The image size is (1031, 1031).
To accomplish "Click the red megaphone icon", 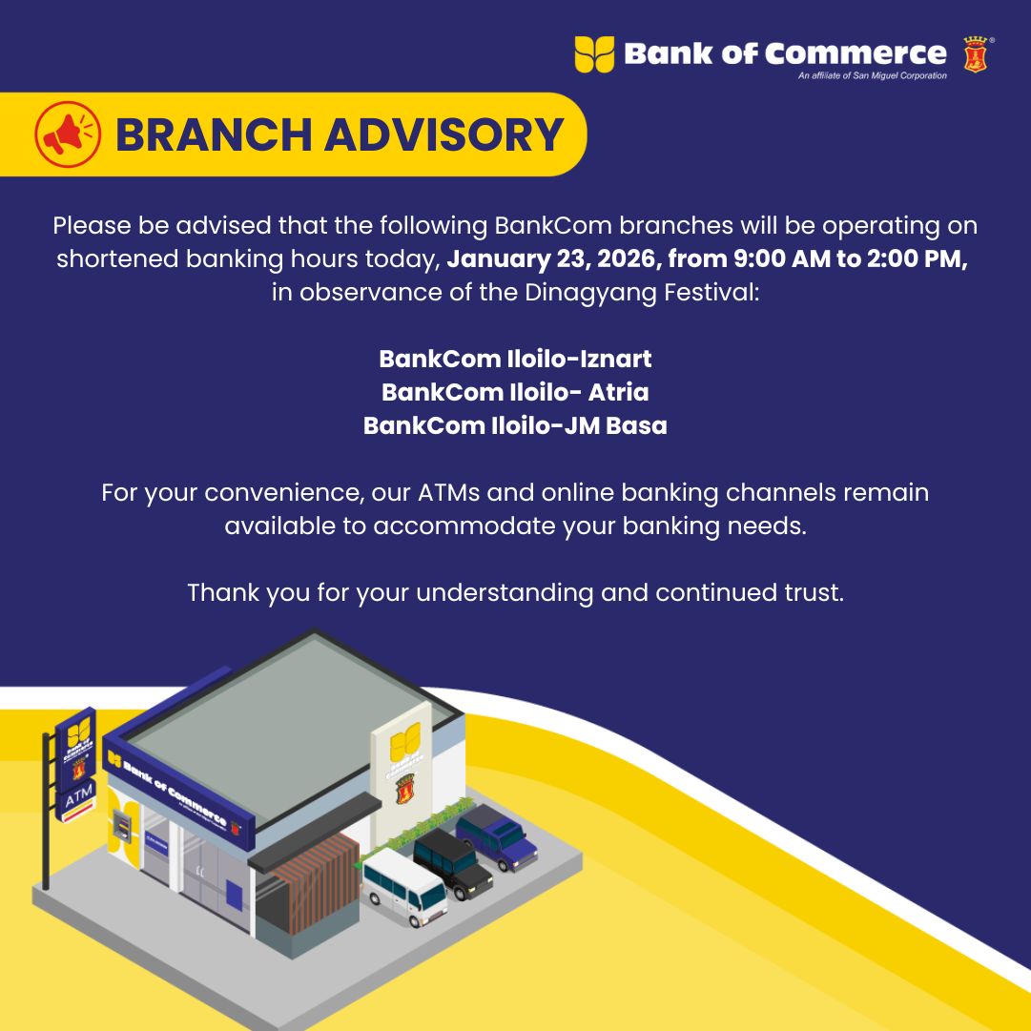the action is [68, 134].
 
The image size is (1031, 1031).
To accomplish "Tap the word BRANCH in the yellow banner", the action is [213, 134].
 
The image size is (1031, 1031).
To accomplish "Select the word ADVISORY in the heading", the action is [444, 134].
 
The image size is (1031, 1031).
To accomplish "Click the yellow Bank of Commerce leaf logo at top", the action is [594, 54].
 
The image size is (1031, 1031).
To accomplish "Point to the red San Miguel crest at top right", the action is [976, 54].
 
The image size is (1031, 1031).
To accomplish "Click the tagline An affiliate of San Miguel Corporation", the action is [873, 75].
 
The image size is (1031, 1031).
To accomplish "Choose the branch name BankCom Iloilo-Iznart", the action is [515, 359].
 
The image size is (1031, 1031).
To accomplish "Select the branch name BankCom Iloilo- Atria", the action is [515, 392].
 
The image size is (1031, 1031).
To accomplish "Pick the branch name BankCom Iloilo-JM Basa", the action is [515, 425].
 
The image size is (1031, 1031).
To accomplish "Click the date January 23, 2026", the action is [551, 259].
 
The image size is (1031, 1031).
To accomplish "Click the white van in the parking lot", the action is [404, 887].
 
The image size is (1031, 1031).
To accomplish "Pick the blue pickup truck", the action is [497, 837].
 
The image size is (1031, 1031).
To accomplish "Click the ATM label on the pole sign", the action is [79, 797].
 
